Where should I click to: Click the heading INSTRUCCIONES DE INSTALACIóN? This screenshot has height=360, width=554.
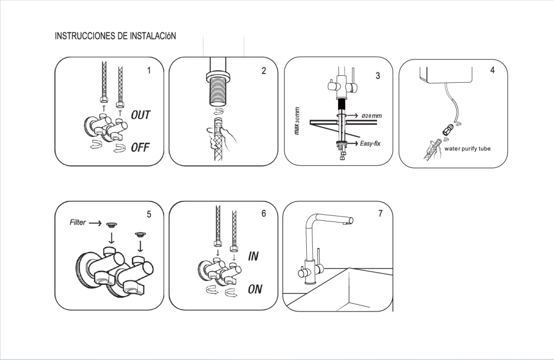tap(115, 36)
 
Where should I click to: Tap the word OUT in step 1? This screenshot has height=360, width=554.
tap(141, 115)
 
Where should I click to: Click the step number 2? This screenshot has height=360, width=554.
tap(263, 71)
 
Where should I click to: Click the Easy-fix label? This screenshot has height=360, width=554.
tap(371, 143)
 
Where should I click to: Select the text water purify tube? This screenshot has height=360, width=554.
tap(467, 148)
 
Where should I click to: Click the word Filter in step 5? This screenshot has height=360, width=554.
tap(78, 222)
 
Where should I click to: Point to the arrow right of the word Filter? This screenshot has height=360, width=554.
tap(95, 222)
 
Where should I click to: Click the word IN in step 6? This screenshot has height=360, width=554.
tap(253, 256)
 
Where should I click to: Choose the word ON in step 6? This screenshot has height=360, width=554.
tap(255, 290)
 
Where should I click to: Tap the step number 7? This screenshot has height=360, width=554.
tap(380, 213)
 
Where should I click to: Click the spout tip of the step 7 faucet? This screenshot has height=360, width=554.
tap(348, 221)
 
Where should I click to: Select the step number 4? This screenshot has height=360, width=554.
tap(492, 71)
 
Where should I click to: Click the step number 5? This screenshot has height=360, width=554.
tap(149, 214)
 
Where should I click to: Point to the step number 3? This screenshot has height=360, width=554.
tap(378, 76)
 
